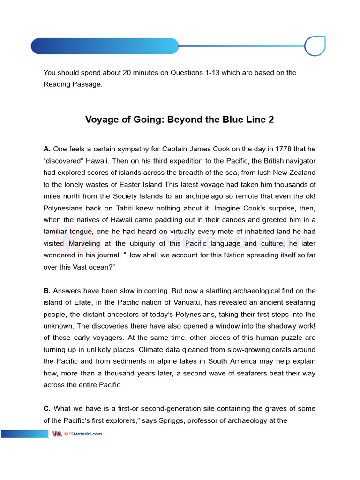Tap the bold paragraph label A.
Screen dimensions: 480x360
(47, 149)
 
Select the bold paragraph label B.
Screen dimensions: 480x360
(47, 291)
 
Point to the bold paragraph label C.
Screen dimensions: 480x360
(47, 409)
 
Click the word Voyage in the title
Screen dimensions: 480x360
(101, 120)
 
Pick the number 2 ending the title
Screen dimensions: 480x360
(271, 120)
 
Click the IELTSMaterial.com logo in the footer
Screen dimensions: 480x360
(77, 434)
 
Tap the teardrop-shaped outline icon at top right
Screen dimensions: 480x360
(315, 46)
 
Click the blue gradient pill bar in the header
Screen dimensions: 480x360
(105, 46)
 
